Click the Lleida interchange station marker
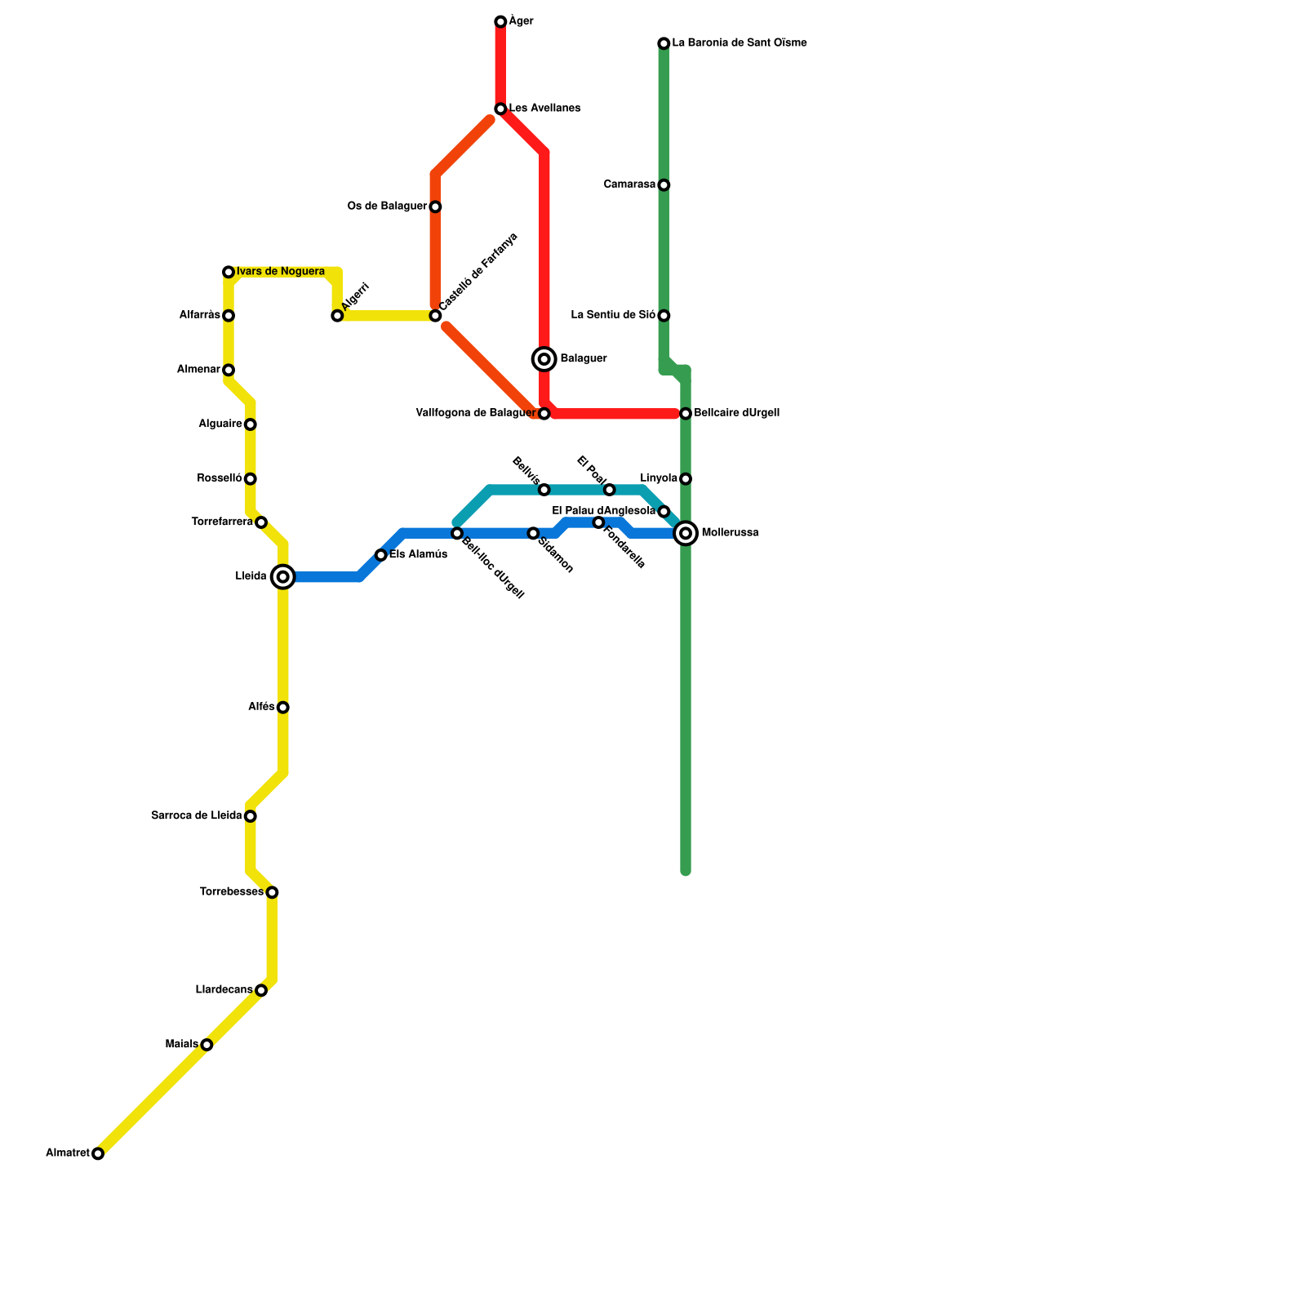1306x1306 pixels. click(282, 577)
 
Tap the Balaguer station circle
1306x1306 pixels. click(544, 359)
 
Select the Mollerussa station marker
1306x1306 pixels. click(686, 534)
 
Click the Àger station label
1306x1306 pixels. click(521, 21)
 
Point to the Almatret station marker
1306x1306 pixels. click(98, 1153)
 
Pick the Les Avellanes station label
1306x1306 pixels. click(544, 109)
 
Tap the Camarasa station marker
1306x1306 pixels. click(664, 185)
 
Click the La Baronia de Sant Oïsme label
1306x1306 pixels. click(739, 43)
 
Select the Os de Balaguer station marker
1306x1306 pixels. click(435, 207)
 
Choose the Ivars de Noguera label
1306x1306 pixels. click(281, 272)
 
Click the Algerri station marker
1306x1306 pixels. click(337, 316)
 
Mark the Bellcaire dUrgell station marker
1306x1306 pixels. click(686, 414)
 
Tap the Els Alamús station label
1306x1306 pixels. click(418, 555)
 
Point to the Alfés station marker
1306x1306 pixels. click(282, 708)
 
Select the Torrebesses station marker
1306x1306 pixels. click(272, 892)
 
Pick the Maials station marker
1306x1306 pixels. click(207, 1045)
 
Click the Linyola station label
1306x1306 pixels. click(659, 478)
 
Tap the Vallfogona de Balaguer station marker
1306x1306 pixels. click(544, 414)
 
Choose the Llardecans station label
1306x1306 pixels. click(224, 990)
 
